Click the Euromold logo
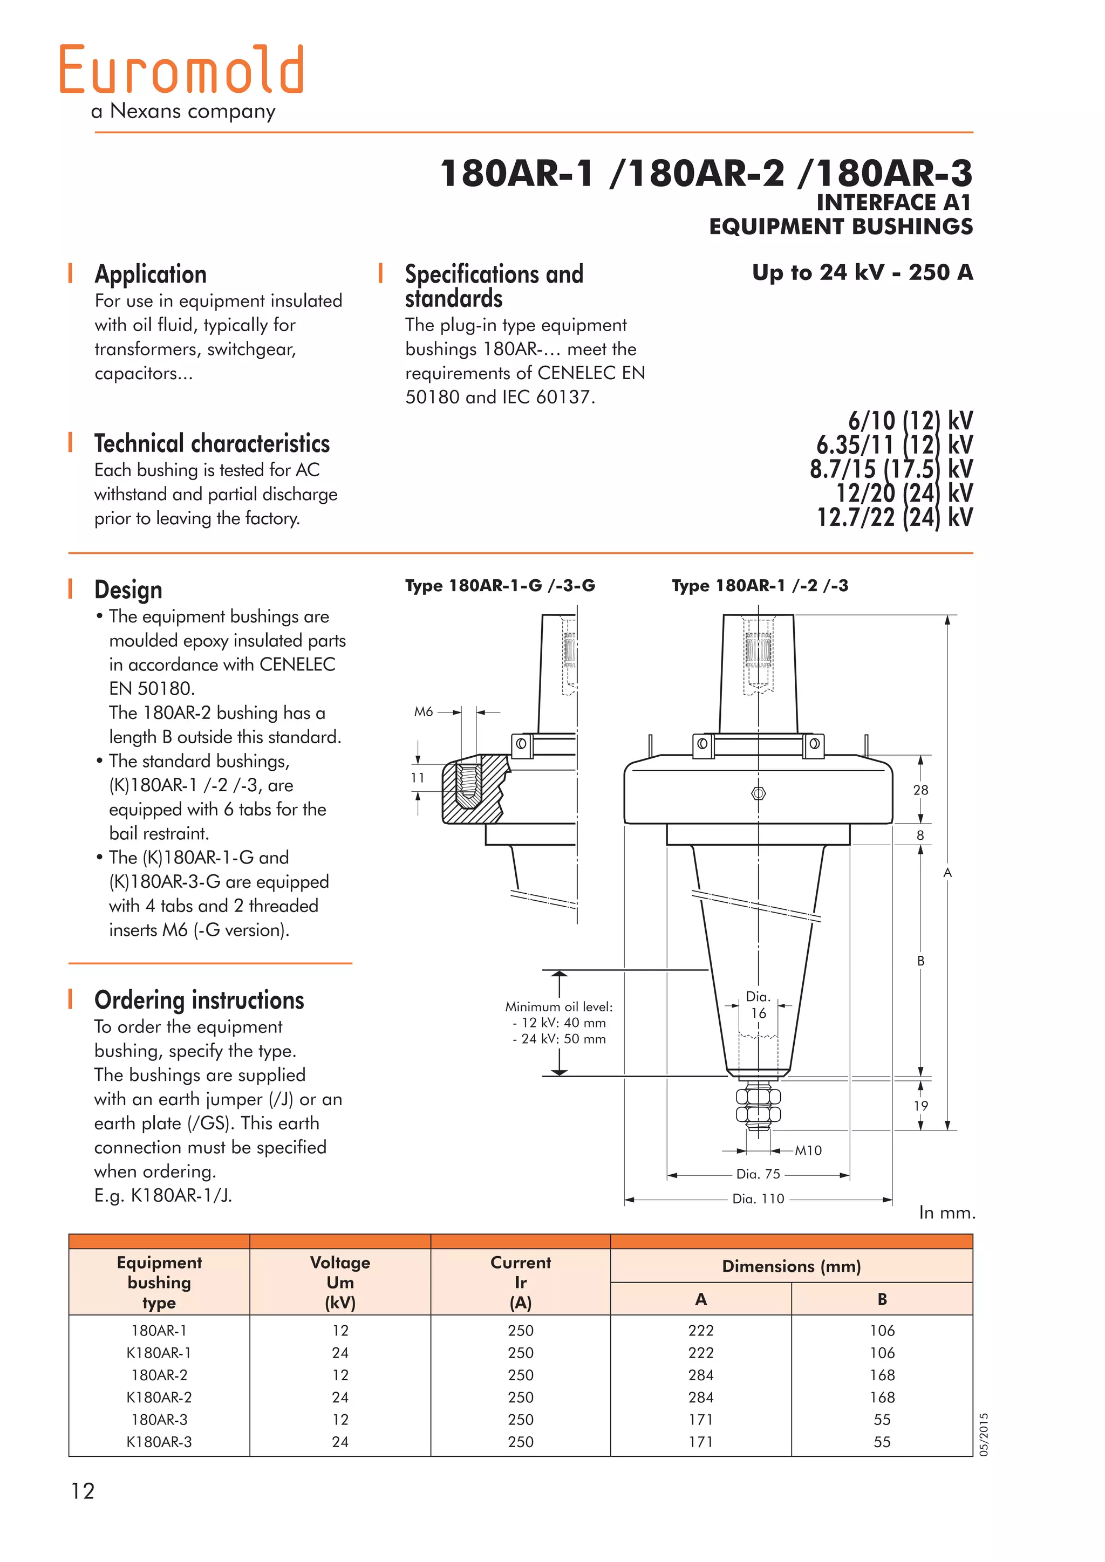tap(182, 70)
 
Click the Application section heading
tap(151, 274)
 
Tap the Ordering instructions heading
tap(199, 1000)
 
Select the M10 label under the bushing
tap(808, 1150)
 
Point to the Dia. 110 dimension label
tap(758, 1198)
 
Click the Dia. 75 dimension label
tap(758, 1174)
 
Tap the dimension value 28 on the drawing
tap(920, 790)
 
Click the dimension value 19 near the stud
tap(920, 1106)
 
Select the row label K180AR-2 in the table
tap(159, 1397)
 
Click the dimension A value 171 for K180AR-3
tap(701, 1442)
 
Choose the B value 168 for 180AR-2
tap(882, 1375)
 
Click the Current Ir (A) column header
tap(521, 1283)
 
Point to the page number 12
tap(83, 1491)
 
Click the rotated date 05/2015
tap(984, 1435)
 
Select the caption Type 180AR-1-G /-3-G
tap(500, 586)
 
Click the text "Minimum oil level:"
tap(558, 1007)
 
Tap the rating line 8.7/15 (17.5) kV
tap(891, 469)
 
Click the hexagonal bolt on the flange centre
tap(759, 793)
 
